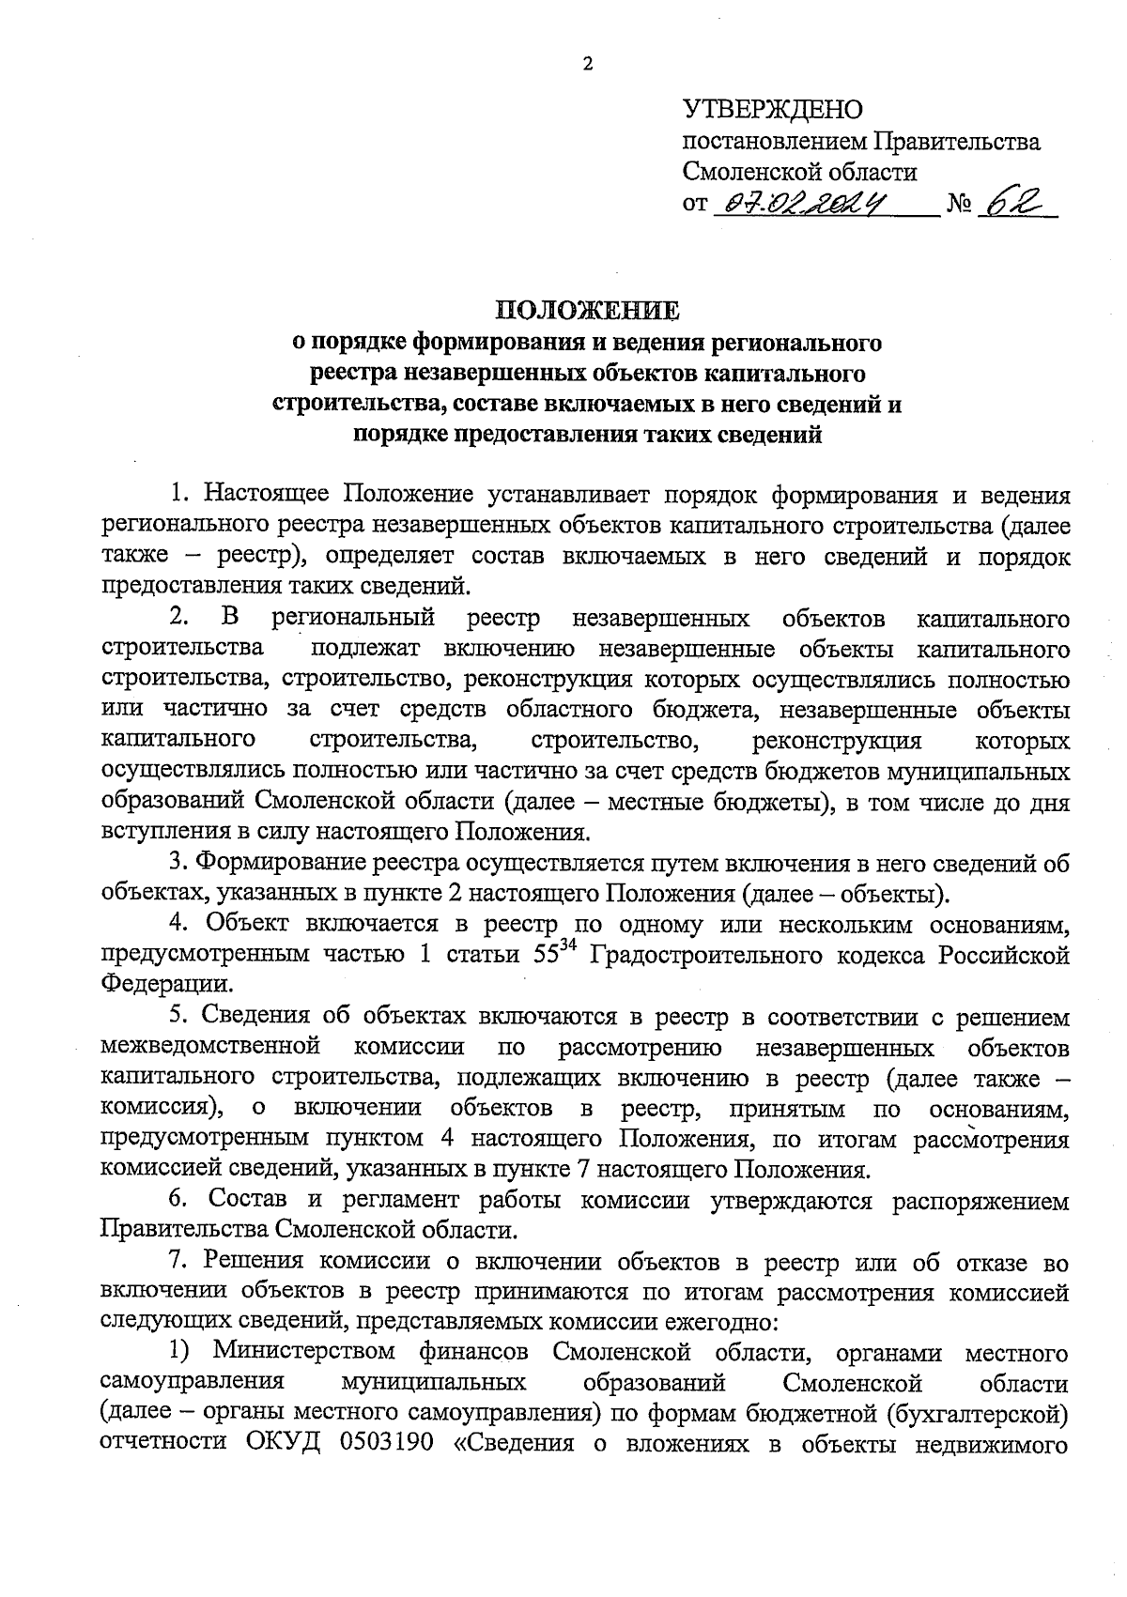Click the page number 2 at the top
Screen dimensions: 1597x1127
589,65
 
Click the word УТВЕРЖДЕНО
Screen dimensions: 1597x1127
772,110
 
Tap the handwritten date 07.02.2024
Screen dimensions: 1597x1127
803,203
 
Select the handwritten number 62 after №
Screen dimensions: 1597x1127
1017,203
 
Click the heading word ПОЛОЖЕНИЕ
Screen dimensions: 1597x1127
587,311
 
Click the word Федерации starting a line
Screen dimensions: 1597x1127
166,986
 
